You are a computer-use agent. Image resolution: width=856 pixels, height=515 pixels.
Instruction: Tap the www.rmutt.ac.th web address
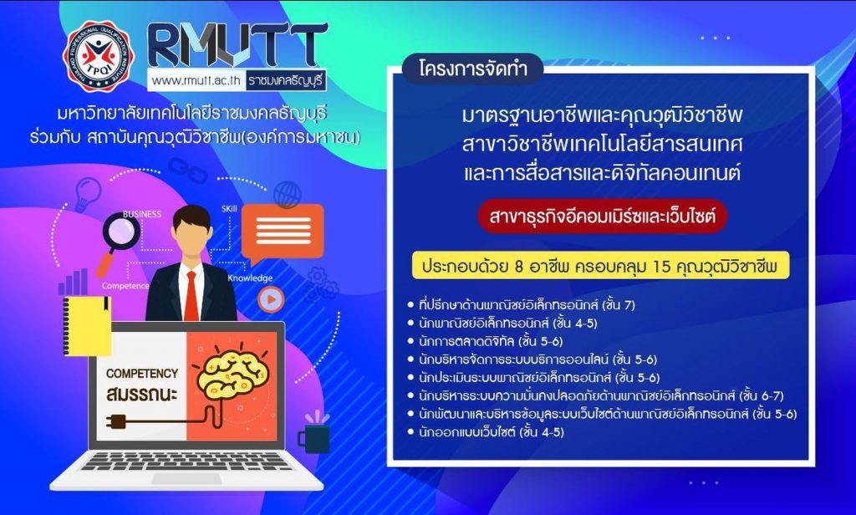196,80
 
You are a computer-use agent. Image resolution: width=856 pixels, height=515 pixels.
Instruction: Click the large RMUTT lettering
237,45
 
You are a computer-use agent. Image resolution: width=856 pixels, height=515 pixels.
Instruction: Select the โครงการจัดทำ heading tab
473,69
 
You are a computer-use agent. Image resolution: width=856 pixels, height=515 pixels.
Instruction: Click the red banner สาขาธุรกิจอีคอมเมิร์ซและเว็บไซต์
602,217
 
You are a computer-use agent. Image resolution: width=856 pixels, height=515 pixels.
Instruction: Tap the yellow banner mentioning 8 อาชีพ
600,266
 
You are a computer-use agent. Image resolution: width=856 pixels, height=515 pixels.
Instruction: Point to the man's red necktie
191,295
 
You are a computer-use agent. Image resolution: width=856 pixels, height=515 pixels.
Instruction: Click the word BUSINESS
142,214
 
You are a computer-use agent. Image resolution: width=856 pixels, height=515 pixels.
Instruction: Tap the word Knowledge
250,278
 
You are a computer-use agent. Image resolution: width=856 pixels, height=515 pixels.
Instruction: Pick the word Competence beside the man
125,286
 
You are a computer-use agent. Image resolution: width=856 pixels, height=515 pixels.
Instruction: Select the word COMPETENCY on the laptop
142,374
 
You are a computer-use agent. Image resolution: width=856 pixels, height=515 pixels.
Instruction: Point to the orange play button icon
271,299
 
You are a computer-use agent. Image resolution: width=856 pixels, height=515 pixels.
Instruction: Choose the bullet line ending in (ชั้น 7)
522,305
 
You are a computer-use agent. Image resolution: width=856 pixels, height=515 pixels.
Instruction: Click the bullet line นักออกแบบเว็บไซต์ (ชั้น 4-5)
486,432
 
